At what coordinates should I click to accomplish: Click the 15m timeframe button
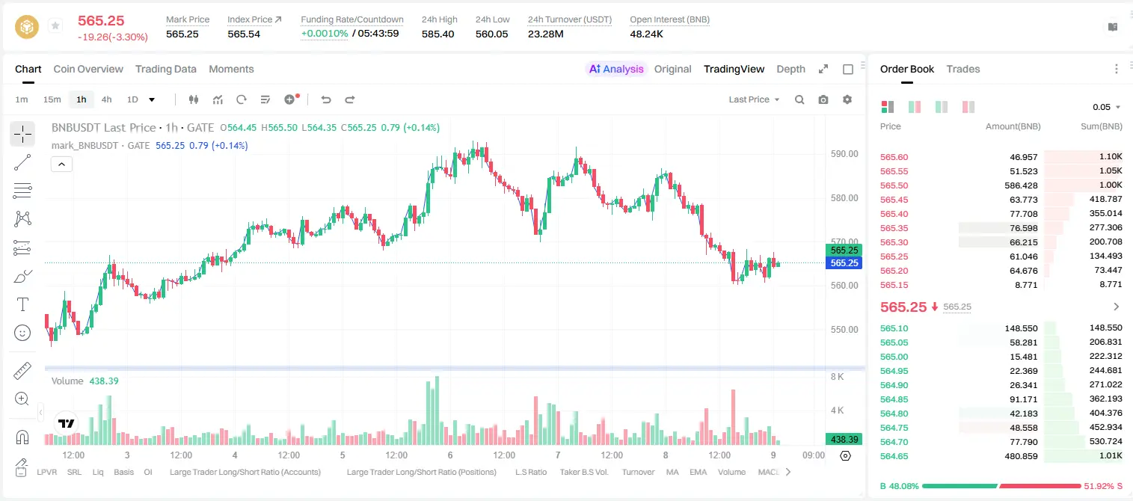(x=52, y=99)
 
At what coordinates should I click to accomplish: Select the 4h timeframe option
(x=106, y=99)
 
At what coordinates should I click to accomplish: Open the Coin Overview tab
(x=88, y=69)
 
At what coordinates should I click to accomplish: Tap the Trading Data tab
(x=165, y=69)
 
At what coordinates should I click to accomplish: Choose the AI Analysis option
(x=616, y=69)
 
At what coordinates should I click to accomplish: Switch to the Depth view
(x=790, y=69)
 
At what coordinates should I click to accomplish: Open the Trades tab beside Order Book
(x=963, y=69)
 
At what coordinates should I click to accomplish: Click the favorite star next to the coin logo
(x=55, y=25)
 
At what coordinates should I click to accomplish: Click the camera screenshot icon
(x=823, y=99)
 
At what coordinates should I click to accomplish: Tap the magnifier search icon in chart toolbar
(x=799, y=99)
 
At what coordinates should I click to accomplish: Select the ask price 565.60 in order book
(x=894, y=157)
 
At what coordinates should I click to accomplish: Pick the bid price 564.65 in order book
(x=894, y=456)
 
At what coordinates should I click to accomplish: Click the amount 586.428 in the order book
(x=1021, y=185)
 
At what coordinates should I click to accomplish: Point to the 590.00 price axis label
(x=844, y=154)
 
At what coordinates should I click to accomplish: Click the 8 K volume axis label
(x=837, y=377)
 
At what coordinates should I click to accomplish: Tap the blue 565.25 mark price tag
(x=844, y=263)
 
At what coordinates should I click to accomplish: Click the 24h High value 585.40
(x=437, y=34)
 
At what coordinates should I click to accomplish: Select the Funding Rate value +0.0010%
(x=325, y=34)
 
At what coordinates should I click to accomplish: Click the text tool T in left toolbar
(x=22, y=304)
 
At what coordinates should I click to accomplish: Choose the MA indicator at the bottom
(x=672, y=472)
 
